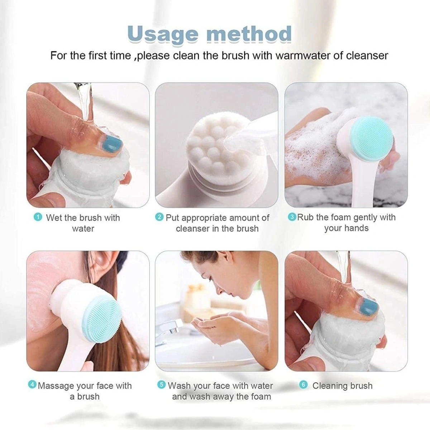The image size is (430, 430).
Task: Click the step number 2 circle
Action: pos(159,218)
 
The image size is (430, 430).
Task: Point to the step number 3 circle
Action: pos(292,217)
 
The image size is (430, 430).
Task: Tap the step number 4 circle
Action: pos(32,385)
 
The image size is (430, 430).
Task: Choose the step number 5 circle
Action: pos(162,385)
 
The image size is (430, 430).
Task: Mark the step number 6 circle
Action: pos(304,385)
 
